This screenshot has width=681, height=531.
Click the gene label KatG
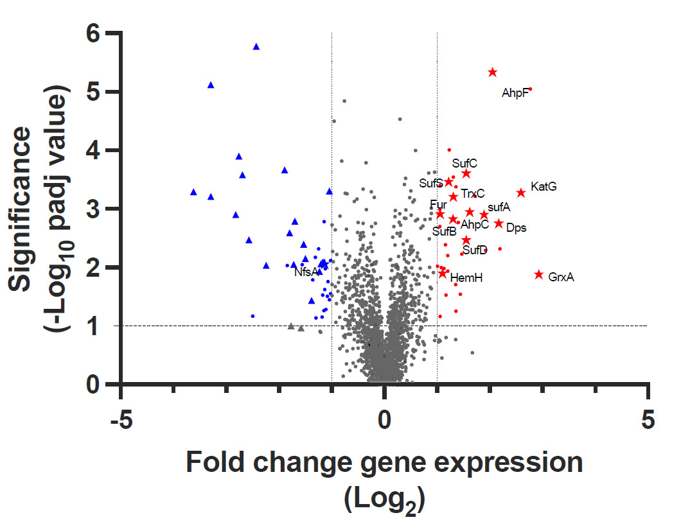[544, 187]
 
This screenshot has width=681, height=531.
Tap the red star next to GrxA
[539, 275]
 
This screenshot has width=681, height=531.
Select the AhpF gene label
[515, 94]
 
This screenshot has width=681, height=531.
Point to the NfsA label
[306, 272]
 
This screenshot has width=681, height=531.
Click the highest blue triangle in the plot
[256, 47]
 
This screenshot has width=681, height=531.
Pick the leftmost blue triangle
[193, 192]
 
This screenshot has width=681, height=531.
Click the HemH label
[466, 277]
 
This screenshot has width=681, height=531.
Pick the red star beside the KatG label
[521, 193]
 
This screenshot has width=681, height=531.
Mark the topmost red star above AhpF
[493, 73]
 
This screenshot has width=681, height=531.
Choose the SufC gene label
[464, 163]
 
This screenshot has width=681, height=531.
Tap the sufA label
[499, 207]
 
